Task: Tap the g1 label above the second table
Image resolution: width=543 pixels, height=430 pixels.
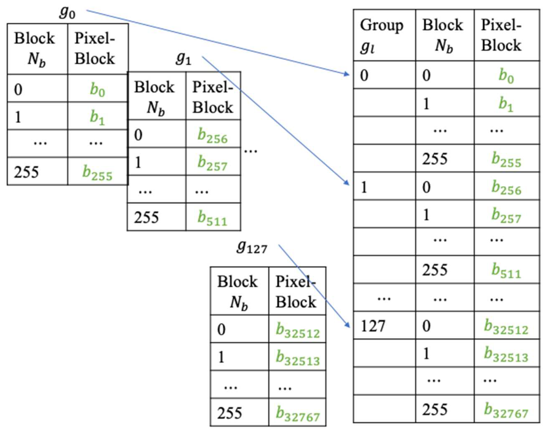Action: point(183,59)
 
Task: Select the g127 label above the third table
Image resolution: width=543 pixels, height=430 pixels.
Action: point(251,248)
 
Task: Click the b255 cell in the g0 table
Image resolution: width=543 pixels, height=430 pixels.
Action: point(97,173)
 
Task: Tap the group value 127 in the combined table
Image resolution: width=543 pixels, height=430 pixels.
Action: point(373,326)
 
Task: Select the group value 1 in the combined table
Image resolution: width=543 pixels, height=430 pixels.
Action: point(364,187)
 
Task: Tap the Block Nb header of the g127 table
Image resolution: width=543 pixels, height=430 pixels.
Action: point(238,292)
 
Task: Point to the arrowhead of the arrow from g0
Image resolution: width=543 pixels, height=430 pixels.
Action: point(348,74)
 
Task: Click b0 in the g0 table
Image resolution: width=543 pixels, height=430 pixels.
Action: point(97,90)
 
